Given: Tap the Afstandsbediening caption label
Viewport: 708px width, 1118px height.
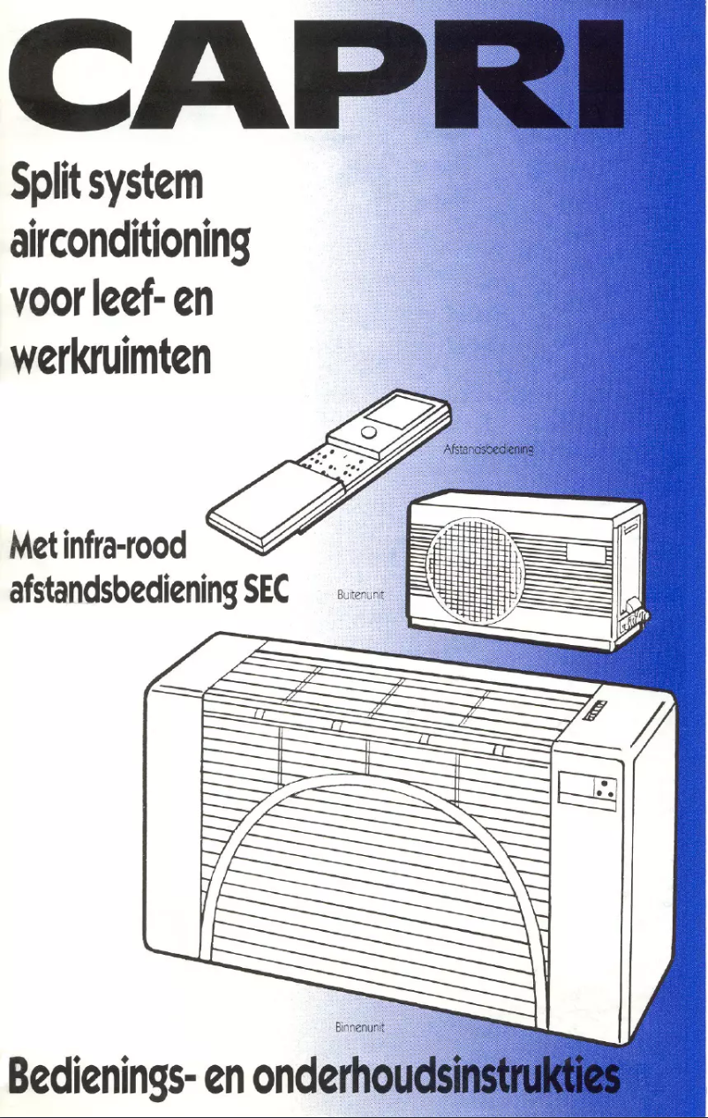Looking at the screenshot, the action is tap(488, 448).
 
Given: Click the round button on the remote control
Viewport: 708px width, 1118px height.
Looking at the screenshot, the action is tap(370, 432).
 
